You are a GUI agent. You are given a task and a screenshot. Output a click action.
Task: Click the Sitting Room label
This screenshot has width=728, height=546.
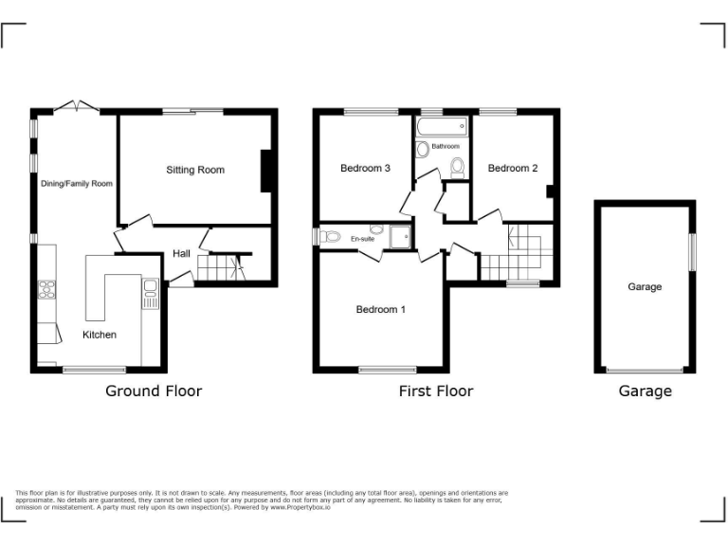pos(195,171)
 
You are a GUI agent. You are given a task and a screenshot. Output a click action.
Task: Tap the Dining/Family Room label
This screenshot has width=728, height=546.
pos(77,184)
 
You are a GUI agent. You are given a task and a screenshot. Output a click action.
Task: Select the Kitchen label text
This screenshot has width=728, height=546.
pos(100,335)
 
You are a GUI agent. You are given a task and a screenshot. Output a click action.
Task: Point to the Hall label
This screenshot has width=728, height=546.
pos(181,254)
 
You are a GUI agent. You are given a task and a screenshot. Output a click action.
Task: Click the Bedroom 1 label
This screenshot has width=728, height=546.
pos(381,309)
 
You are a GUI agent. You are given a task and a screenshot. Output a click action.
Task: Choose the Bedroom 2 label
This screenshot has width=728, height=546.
pos(513,169)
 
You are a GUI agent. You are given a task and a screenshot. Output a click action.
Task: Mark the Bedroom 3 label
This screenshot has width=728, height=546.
pos(365,169)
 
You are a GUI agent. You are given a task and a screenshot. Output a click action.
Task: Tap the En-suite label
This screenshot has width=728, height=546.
pos(361,239)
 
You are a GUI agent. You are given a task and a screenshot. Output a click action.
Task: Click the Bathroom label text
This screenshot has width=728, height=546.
pos(446,147)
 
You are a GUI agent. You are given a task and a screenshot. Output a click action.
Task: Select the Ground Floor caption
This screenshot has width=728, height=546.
pos(154,391)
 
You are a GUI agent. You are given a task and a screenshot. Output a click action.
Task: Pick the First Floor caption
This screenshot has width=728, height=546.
pos(436,391)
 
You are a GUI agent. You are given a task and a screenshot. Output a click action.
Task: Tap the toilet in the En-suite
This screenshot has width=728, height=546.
pos(329,236)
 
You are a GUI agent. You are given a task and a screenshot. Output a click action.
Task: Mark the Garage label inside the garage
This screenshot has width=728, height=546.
pos(645,287)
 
